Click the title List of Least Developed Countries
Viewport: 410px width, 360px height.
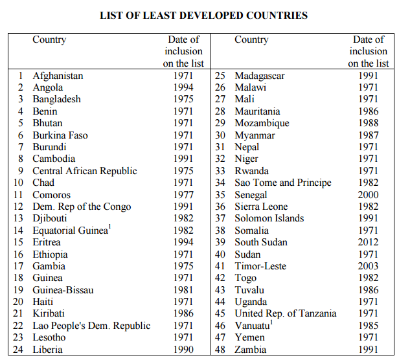pyautogui.click(x=203, y=15)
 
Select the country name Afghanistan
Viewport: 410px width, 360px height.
pyautogui.click(x=58, y=76)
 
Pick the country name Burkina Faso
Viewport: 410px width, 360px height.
pyautogui.click(x=60, y=135)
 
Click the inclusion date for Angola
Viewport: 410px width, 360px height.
pyautogui.click(x=183, y=87)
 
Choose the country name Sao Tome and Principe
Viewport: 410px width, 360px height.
pyautogui.click(x=282, y=183)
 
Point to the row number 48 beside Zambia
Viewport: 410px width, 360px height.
pyautogui.click(x=221, y=350)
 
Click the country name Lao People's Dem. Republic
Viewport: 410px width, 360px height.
pyautogui.click(x=91, y=326)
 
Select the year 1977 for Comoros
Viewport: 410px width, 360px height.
pyautogui.click(x=183, y=195)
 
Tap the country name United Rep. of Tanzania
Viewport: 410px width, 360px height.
pyautogui.click(x=285, y=313)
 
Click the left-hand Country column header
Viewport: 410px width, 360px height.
pyautogui.click(x=49, y=40)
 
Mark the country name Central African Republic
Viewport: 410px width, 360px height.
pyautogui.click(x=85, y=171)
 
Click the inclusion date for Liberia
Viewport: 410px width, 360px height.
pyautogui.click(x=183, y=350)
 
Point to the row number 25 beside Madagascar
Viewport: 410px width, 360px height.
pyautogui.click(x=221, y=76)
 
